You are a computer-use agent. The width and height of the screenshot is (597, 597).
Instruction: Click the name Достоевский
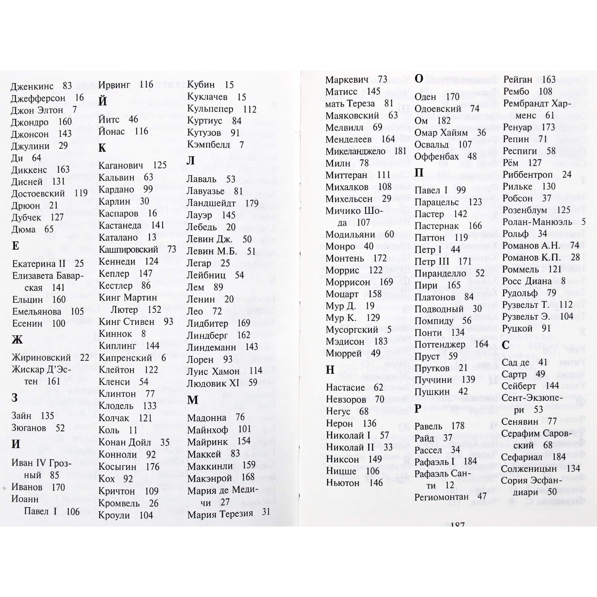point(38,193)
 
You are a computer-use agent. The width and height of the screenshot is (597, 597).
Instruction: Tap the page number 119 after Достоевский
point(81,193)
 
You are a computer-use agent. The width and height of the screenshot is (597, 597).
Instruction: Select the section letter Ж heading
point(17,340)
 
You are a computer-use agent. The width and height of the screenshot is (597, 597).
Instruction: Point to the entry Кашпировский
point(128,250)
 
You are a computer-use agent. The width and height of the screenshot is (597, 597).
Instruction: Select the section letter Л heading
point(190,161)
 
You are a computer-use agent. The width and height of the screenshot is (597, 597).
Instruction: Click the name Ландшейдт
point(211,203)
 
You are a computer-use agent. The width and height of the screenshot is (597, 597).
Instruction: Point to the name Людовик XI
point(213,383)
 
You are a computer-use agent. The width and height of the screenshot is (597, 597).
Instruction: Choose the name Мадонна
point(207,417)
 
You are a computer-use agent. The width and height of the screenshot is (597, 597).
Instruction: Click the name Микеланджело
point(355,151)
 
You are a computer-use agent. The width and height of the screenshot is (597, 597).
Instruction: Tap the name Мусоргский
point(352,330)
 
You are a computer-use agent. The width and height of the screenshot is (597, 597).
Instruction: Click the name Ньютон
point(343,483)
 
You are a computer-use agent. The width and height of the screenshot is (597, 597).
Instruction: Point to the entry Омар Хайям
point(441,133)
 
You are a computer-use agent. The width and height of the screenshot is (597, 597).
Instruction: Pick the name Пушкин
point(432,391)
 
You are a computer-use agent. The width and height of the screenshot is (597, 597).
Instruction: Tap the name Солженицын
point(531,469)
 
